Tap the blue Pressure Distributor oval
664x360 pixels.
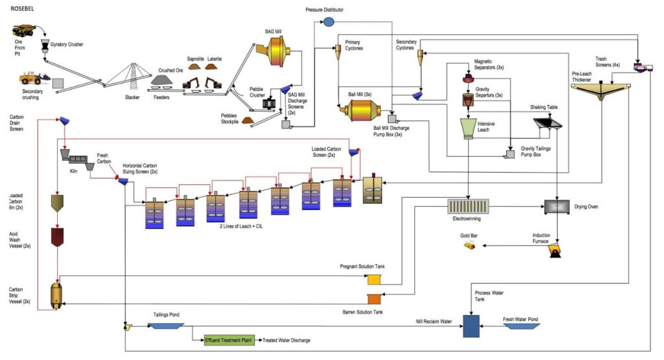click(x=329, y=22)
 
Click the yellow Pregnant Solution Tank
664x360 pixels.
click(x=375, y=280)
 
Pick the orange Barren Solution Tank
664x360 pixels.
click(x=375, y=300)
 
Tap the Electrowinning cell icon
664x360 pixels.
click(x=468, y=207)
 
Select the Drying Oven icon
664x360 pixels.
click(x=558, y=206)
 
